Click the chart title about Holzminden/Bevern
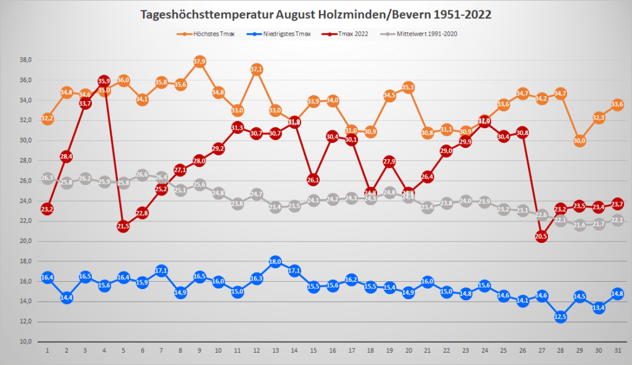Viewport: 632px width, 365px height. [x=315, y=14]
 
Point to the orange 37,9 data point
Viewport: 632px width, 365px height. [x=199, y=61]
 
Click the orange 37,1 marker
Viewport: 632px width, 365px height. [x=256, y=69]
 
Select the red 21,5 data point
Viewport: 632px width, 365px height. [x=123, y=226]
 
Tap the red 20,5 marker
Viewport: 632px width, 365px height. [x=541, y=236]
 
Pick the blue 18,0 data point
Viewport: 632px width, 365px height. [x=275, y=261]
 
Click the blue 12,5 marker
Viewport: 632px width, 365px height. [x=560, y=317]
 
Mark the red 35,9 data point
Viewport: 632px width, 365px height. [x=104, y=81]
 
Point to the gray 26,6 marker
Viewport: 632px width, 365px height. [x=142, y=174]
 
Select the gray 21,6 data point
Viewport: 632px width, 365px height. [x=580, y=225]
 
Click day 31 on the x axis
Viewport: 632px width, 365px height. [x=618, y=350]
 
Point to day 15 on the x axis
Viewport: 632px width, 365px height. [x=313, y=350]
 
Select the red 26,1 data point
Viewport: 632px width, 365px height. [x=313, y=179]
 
